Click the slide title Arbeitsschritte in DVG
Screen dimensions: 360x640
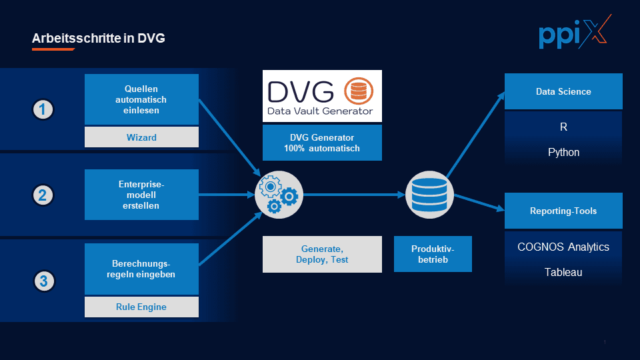point(98,39)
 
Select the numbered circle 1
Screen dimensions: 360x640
point(43,109)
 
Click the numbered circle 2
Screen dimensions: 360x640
point(43,195)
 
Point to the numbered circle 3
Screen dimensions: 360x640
point(43,281)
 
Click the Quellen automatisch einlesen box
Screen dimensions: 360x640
point(141,99)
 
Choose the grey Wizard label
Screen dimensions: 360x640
point(141,137)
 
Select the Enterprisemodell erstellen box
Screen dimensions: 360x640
point(141,195)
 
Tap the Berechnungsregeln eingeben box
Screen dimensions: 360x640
point(141,269)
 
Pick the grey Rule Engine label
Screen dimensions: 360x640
point(141,307)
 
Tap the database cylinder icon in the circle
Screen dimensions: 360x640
point(429,195)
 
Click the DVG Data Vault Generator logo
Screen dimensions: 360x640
point(322,96)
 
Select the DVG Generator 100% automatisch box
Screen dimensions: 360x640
point(322,143)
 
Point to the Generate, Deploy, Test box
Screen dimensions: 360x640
point(322,254)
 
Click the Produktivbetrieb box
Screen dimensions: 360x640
point(433,254)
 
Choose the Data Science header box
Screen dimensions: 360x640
point(563,91)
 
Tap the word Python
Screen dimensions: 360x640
point(563,152)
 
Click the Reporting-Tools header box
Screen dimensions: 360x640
point(563,211)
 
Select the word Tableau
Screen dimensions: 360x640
point(563,272)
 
